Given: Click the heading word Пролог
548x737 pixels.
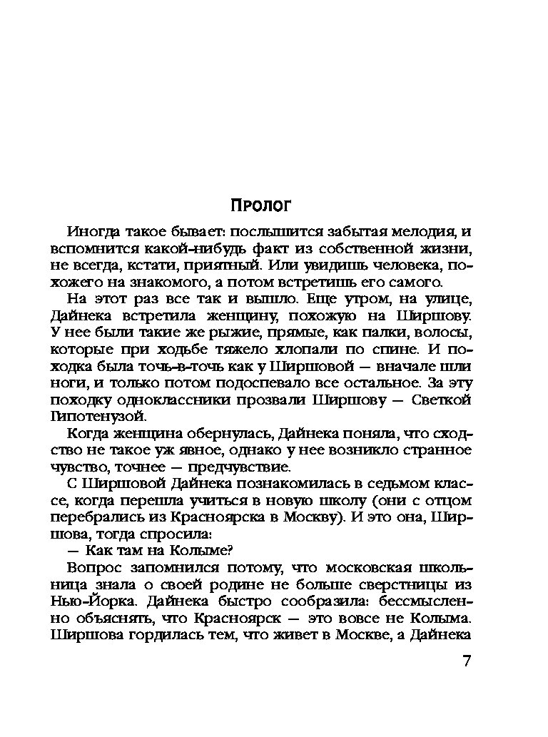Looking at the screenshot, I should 262,206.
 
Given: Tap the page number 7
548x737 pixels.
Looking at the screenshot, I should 466,661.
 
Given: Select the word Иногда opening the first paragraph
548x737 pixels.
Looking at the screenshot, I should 91,232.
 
